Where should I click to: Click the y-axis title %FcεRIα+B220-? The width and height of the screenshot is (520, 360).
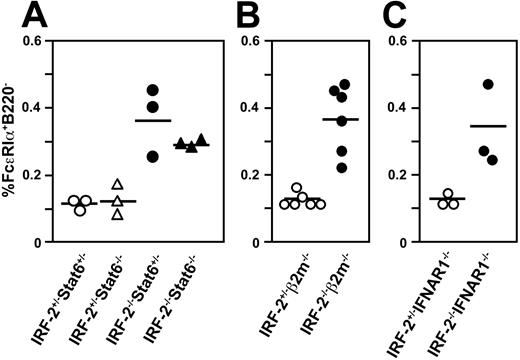(x=14, y=141)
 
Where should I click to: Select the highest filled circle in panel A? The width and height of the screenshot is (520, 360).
(x=152, y=90)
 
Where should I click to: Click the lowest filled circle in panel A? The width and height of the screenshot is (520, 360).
(x=152, y=156)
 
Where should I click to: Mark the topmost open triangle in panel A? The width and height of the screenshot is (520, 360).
(x=117, y=184)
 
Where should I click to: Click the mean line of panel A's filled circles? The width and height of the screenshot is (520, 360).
(x=152, y=121)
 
